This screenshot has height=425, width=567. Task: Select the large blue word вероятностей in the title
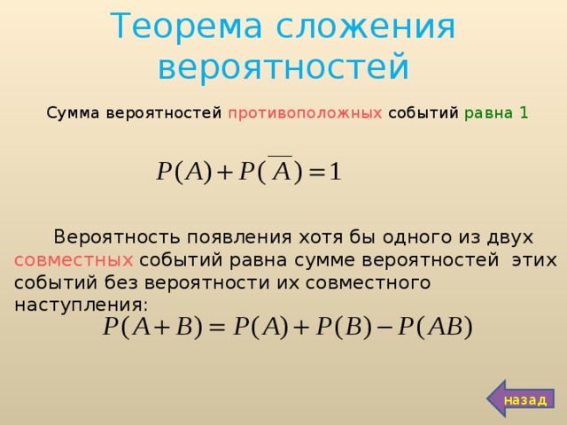pos(283,67)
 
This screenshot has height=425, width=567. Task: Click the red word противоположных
pos(306,113)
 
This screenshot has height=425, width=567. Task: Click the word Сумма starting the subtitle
pos(74,113)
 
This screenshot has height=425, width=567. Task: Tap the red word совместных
pos(74,260)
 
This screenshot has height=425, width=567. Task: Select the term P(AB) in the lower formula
pos(434,326)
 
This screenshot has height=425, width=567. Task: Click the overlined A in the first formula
pos(280,170)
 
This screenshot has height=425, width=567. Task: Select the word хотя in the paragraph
pos(318,237)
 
